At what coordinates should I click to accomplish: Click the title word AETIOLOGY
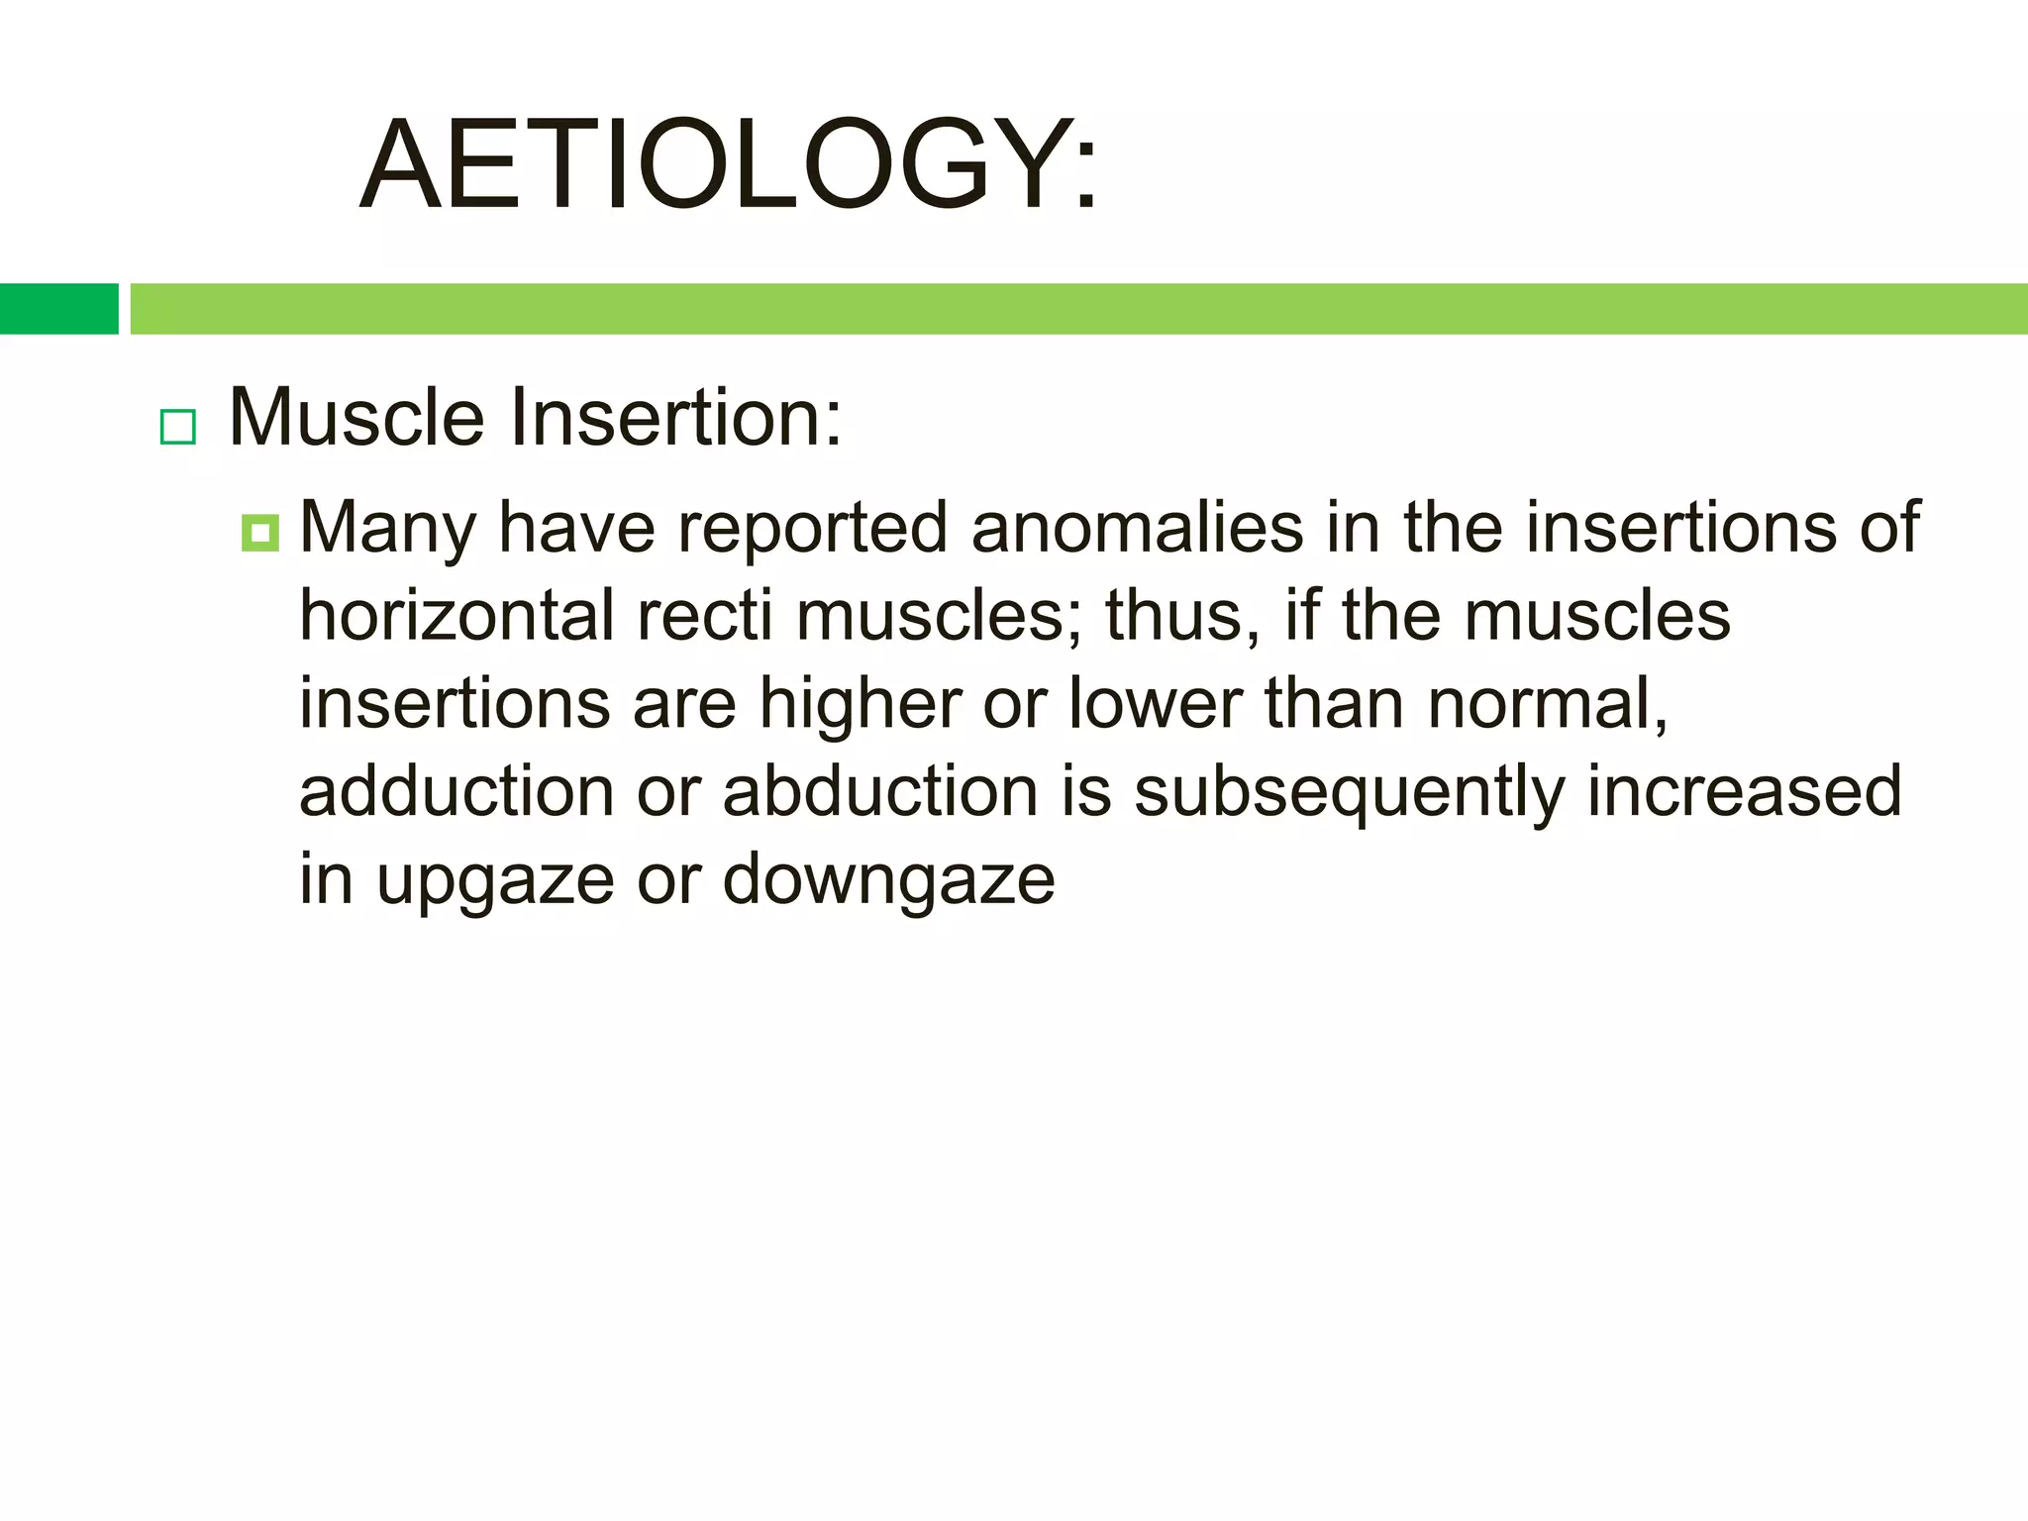coord(728,164)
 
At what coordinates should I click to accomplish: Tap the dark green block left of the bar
coord(58,309)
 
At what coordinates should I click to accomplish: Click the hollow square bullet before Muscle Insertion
coord(178,428)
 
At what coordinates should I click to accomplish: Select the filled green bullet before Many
coord(260,534)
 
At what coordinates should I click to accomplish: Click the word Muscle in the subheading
coord(356,418)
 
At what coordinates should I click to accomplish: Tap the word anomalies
coord(1137,527)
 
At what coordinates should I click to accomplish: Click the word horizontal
coord(456,616)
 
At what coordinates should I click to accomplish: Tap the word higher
coord(861,705)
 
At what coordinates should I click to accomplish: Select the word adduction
coord(456,791)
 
